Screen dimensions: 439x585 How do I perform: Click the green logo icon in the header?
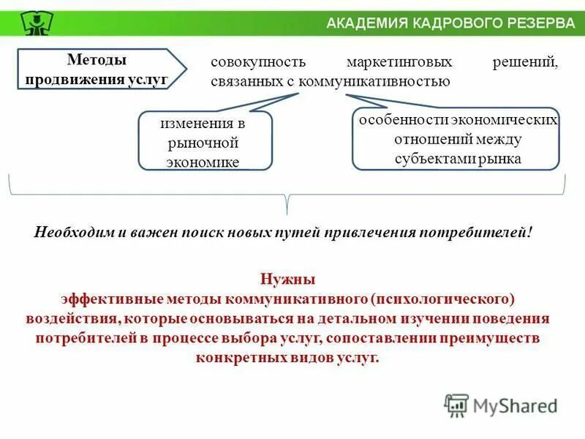[32, 23]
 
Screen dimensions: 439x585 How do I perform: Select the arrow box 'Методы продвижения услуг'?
[102, 70]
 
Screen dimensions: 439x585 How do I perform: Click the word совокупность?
[248, 64]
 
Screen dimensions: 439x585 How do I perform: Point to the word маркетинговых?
[399, 64]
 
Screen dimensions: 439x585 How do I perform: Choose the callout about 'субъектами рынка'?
[458, 139]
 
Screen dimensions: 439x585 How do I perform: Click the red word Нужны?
[287, 279]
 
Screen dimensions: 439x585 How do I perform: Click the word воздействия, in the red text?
[71, 319]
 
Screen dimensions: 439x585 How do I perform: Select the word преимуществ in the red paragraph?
[500, 338]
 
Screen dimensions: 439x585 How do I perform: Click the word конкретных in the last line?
[230, 358]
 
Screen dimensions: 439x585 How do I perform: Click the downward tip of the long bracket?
[288, 212]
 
